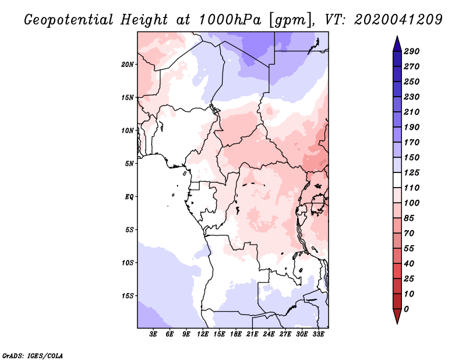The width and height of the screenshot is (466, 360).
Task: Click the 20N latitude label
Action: (x=128, y=65)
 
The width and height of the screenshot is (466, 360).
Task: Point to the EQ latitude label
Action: (x=129, y=197)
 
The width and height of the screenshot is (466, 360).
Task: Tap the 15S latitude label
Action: (x=128, y=296)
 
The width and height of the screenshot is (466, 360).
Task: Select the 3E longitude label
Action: (x=153, y=334)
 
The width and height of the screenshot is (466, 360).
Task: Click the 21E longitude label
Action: (x=252, y=334)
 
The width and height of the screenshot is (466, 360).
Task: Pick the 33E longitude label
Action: (x=319, y=334)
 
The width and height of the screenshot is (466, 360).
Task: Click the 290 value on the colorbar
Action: (x=412, y=51)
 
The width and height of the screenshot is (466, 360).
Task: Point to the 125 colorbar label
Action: (x=412, y=172)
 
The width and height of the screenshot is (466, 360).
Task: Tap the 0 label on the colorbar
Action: (x=406, y=309)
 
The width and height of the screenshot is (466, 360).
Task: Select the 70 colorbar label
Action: (x=409, y=234)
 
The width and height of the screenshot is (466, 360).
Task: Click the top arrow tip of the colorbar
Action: (x=397, y=36)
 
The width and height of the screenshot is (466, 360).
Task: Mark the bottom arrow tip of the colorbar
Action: (x=397, y=323)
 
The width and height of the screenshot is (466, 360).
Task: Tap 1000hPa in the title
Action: (x=230, y=20)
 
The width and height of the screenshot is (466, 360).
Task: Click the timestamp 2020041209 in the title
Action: (x=398, y=20)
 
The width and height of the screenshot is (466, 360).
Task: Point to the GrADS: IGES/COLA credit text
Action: (x=33, y=355)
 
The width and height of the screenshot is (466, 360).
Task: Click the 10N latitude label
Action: (x=128, y=130)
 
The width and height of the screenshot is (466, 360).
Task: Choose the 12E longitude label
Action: (x=203, y=334)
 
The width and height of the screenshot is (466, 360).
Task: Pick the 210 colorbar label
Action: (x=412, y=112)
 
